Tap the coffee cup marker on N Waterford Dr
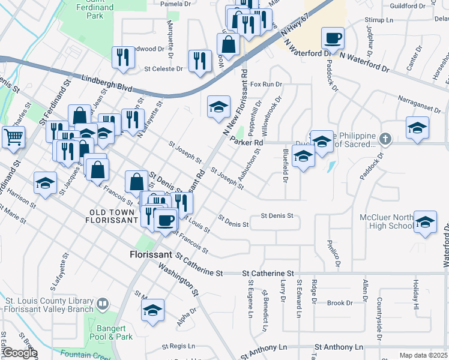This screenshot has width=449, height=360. (333, 39)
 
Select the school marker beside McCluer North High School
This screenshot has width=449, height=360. (425, 222)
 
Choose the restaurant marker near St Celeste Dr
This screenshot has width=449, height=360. (199, 61)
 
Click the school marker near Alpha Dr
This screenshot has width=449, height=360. (152, 311)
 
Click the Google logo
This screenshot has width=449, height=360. (19, 353)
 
